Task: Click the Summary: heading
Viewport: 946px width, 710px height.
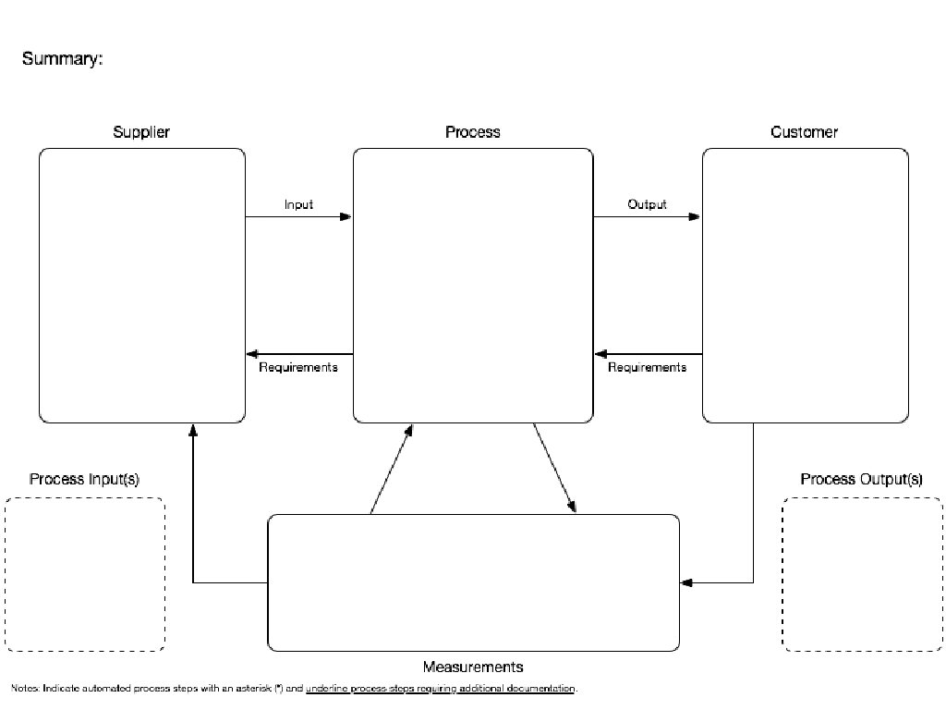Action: tap(62, 59)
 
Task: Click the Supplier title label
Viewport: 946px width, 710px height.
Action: tap(141, 132)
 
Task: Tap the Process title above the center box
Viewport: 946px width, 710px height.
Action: tap(472, 132)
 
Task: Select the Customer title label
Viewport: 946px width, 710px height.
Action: tap(804, 132)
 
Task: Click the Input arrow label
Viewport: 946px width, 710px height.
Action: tap(298, 204)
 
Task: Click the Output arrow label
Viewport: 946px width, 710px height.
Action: tap(647, 204)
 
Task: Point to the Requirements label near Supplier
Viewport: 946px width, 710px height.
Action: tap(298, 367)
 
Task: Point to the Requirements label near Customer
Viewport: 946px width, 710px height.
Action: tap(647, 367)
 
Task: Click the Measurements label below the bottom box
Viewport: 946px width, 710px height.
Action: tap(473, 667)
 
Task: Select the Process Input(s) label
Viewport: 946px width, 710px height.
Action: tap(84, 479)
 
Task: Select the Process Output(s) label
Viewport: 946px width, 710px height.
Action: tap(861, 479)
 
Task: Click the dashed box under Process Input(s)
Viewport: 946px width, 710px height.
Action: tap(85, 574)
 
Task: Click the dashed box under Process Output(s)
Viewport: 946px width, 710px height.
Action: tap(861, 574)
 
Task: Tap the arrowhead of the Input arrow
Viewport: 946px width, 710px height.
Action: tap(346, 217)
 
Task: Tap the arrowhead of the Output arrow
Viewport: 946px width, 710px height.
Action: tap(695, 217)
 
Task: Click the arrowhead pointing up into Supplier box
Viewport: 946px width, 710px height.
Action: tap(193, 430)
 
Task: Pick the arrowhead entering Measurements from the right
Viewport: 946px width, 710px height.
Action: tap(686, 582)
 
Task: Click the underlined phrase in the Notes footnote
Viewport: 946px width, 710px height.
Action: tap(441, 689)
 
